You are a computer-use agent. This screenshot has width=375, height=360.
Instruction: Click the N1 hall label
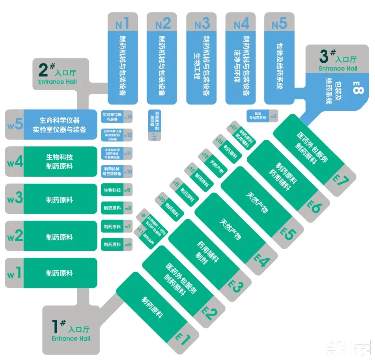click(123, 24)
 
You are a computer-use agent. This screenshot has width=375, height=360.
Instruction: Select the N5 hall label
click(279, 24)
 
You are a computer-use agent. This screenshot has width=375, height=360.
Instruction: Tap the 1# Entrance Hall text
click(71, 331)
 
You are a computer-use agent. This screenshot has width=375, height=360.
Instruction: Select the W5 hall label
click(15, 125)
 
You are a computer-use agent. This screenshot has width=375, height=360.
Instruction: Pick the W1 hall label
click(15, 273)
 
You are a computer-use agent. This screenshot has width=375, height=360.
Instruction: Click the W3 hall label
click(15, 199)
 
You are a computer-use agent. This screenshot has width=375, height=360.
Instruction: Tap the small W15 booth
click(117, 117)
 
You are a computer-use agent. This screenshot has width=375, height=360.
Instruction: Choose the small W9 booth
click(117, 190)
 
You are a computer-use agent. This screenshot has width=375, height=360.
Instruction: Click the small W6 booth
click(117, 244)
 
